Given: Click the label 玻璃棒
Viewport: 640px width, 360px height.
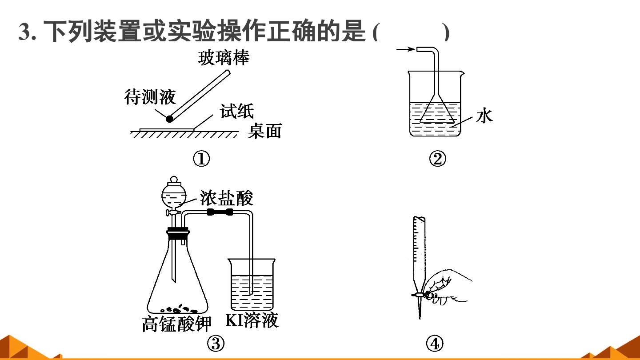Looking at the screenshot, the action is pyautogui.click(x=224, y=58).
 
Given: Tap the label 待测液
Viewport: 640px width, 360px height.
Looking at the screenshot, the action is pyautogui.click(x=150, y=97).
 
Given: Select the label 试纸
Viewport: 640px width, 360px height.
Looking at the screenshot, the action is pyautogui.click(x=236, y=111).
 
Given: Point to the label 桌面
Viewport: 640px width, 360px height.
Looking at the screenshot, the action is pyautogui.click(x=264, y=131).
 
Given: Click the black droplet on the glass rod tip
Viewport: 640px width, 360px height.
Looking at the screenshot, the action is pyautogui.click(x=170, y=119).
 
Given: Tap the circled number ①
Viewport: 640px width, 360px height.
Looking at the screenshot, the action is pyautogui.click(x=201, y=159).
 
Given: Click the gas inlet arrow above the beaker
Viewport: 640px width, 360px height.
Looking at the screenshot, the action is pyautogui.click(x=405, y=49).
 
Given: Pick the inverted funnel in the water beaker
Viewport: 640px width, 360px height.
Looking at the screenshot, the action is pyautogui.click(x=437, y=108).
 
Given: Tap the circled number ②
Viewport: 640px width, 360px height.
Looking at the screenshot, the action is pyautogui.click(x=437, y=159).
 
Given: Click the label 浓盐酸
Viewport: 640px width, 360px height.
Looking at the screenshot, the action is pyautogui.click(x=226, y=198).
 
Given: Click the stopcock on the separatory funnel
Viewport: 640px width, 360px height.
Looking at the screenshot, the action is pyautogui.click(x=172, y=212).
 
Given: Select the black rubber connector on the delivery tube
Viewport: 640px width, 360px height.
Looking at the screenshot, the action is pyautogui.click(x=220, y=212).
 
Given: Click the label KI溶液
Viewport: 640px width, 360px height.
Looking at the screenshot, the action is pyautogui.click(x=252, y=320).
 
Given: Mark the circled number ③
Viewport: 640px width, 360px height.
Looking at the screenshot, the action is pyautogui.click(x=216, y=344).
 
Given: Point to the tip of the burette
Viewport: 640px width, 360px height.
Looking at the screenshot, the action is pyautogui.click(x=420, y=319).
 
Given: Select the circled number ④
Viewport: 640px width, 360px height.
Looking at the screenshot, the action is pyautogui.click(x=435, y=344).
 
